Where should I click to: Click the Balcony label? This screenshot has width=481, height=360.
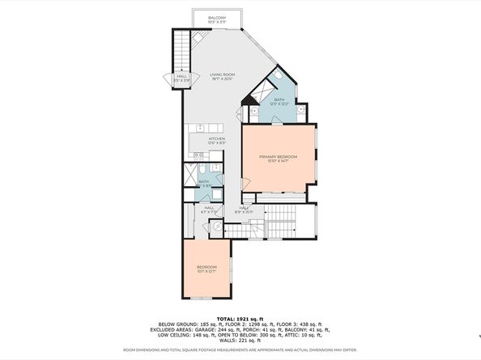coord(216,18)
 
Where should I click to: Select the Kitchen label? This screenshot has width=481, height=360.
coord(216,138)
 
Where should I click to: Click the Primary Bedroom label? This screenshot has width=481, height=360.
coord(278,155)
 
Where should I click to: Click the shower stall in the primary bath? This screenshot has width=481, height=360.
coord(262,90)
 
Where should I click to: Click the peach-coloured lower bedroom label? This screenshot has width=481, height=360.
coord(206,267)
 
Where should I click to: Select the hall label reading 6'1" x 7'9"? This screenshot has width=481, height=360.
coord(209,209)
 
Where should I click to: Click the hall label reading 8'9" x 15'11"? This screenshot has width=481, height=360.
coord(244,210)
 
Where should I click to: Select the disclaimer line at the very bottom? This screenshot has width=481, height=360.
coord(241,350)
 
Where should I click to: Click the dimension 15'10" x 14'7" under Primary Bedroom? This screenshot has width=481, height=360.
coord(278,160)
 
